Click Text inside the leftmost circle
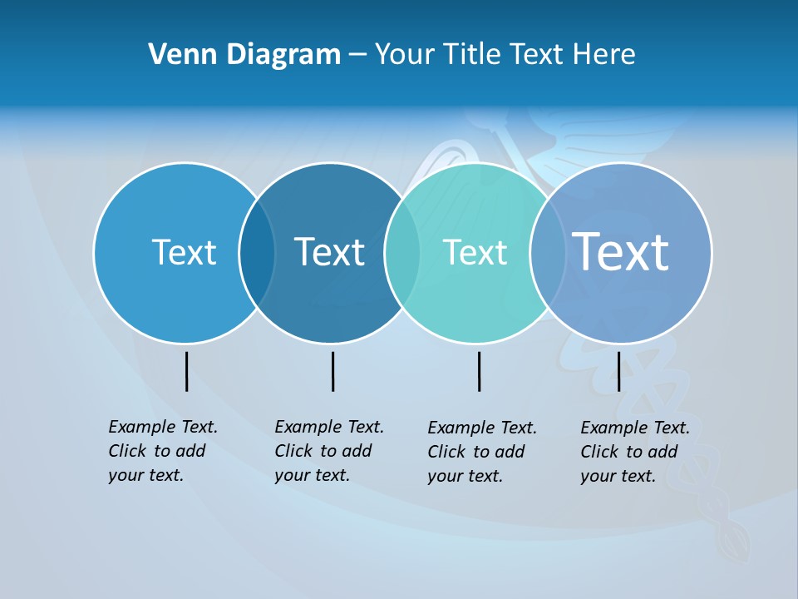pyautogui.click(x=184, y=252)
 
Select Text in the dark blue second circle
pyautogui.click(x=329, y=252)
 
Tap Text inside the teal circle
pyautogui.click(x=475, y=252)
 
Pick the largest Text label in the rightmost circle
pyautogui.click(x=621, y=251)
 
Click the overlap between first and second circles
pyautogui.click(x=257, y=253)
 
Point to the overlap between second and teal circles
pyautogui.click(x=402, y=253)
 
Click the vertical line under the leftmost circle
pyautogui.click(x=186, y=371)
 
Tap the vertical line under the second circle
pyautogui.click(x=332, y=371)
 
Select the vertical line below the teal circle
pyautogui.click(x=479, y=371)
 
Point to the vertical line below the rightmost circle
pyautogui.click(x=618, y=371)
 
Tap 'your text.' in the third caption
pyautogui.click(x=465, y=476)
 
